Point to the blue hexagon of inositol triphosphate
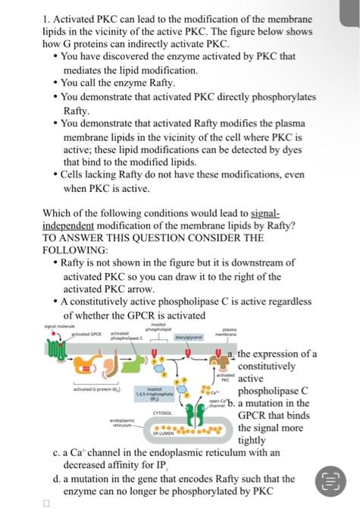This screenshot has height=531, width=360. (x=168, y=372)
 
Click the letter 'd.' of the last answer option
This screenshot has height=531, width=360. (x=58, y=479)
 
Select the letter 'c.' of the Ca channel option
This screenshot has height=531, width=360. (x=58, y=452)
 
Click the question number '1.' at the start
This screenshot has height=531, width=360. (x=47, y=18)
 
